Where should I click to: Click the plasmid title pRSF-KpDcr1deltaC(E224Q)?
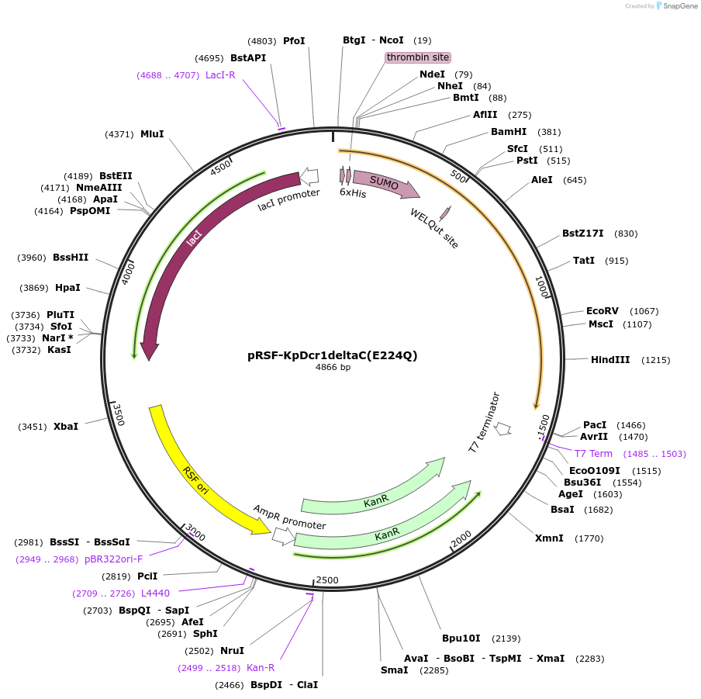[x=332, y=355]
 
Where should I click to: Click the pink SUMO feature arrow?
[x=385, y=184]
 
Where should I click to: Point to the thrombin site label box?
[x=418, y=57]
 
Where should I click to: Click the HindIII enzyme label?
[x=610, y=360]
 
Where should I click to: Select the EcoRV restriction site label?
[x=603, y=310]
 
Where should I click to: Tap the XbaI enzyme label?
[x=66, y=427]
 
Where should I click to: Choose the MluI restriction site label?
[x=152, y=134]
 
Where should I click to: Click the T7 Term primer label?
[x=593, y=454]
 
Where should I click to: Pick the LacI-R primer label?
[x=220, y=75]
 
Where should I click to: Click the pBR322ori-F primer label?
[x=113, y=559]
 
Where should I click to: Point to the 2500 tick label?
[x=327, y=580]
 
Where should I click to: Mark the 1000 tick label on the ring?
[x=542, y=287]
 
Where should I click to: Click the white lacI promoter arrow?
[x=309, y=176]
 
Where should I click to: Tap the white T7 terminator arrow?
[x=503, y=427]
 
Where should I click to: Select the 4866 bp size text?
[x=333, y=368]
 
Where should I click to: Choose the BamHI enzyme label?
[x=509, y=132]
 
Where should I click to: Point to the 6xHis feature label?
[x=353, y=193]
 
